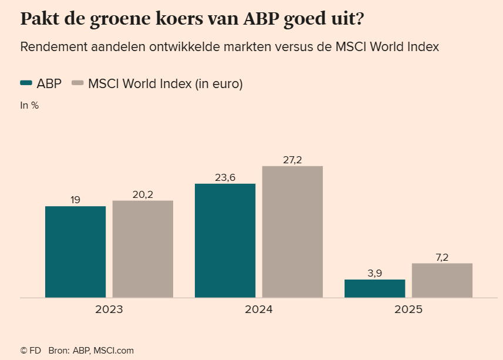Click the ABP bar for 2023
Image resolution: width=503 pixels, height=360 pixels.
coord(75,252)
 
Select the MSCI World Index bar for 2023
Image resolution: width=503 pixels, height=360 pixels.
coord(143,249)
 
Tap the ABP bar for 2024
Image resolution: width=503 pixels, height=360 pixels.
coord(225,241)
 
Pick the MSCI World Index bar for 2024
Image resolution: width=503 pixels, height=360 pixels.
coord(292,232)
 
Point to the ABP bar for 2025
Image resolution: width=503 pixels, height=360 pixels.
coord(374,288)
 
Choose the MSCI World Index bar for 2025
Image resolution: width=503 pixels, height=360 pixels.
coord(442,280)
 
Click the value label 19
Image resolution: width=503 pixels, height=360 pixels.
coord(75,200)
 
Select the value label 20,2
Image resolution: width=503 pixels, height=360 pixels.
coord(143,194)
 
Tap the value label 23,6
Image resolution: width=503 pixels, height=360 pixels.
coord(225,177)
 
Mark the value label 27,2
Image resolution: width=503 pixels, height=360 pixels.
coord(292,160)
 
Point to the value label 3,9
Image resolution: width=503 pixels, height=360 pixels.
coord(374,273)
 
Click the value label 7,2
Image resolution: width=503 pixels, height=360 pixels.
coord(442,257)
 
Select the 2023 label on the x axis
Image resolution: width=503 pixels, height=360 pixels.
coord(109,309)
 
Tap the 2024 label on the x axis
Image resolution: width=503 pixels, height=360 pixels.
coord(259,309)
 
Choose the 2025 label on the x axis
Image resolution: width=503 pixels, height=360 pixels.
coord(408,309)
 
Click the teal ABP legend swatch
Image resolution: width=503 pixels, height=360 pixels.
coord(26,84)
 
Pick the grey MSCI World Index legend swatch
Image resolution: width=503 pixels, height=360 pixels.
coord(77,84)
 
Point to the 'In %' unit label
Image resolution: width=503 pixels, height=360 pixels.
coord(29,106)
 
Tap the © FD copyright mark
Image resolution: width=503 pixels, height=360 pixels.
coord(31,351)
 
